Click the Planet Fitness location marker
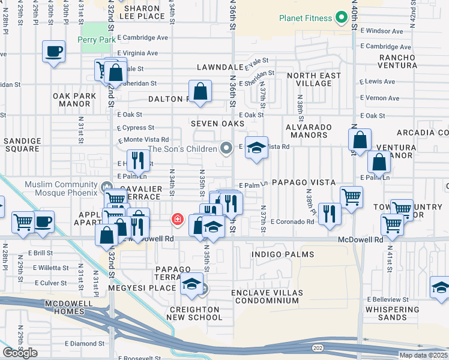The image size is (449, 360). coord(342,17)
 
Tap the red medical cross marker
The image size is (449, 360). coord(177,220)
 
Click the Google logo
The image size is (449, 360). coord(20,353)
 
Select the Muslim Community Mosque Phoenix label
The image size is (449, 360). coord(61,188)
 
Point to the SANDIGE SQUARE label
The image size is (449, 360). coord(23,145)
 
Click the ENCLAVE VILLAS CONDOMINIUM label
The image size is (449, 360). coord(268,296)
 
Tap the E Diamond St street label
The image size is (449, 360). coord(85,344)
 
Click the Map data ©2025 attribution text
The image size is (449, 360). coord(423,355)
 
